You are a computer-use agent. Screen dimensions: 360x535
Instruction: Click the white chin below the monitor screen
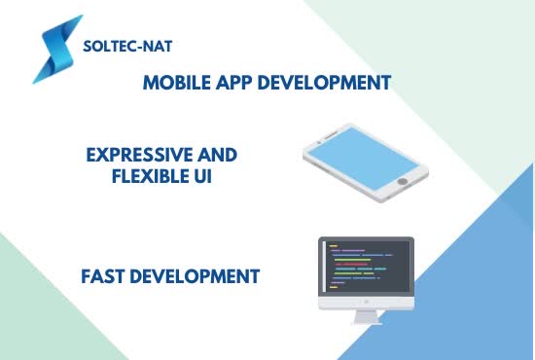click(x=366, y=300)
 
